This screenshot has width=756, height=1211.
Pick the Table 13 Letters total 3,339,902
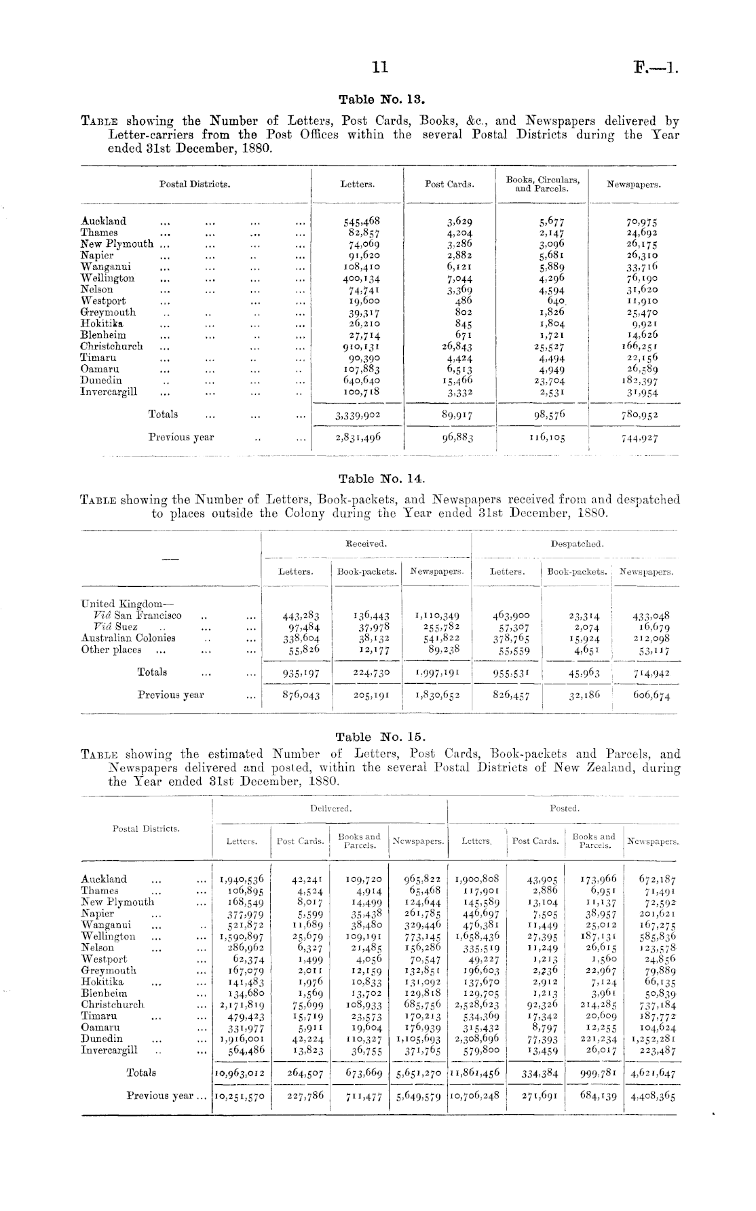358,415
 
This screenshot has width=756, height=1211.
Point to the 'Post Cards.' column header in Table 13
449,184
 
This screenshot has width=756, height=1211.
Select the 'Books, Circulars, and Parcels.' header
543,184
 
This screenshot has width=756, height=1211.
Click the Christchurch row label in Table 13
112,346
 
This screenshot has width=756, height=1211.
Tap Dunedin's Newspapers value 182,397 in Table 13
634,381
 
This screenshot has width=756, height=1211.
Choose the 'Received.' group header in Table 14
366,543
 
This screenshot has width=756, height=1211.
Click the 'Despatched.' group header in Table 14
577,543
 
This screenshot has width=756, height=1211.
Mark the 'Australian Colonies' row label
128,638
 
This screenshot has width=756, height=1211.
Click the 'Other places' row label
111,649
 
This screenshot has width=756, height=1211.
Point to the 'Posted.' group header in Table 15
565,808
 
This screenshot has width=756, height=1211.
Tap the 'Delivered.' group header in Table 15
330,808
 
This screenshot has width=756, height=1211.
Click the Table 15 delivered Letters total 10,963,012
242,1073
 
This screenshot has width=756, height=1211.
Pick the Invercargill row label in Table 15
109,1050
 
